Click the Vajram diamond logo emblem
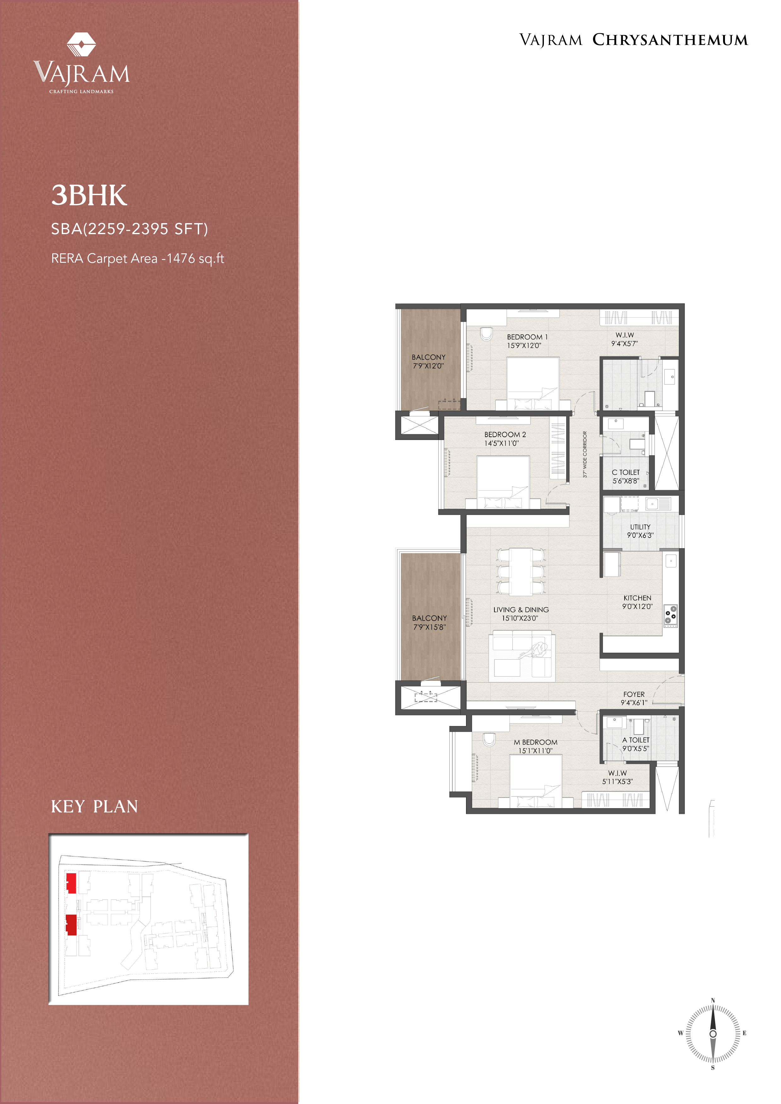pyautogui.click(x=81, y=44)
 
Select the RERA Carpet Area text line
pyautogui.click(x=138, y=259)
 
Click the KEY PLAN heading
pyautogui.click(x=94, y=806)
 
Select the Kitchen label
pyautogui.click(x=637, y=598)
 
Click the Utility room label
pyautogui.click(x=640, y=527)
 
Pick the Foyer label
pyautogui.click(x=634, y=694)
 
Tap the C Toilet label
pyautogui.click(x=625, y=472)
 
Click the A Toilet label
pyautogui.click(x=636, y=740)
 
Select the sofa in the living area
pyautogui.click(x=522, y=657)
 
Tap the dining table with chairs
pyautogui.click(x=521, y=571)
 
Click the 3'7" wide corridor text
pyautogui.click(x=585, y=454)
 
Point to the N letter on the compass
pyautogui.click(x=713, y=1000)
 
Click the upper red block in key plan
pyautogui.click(x=71, y=883)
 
